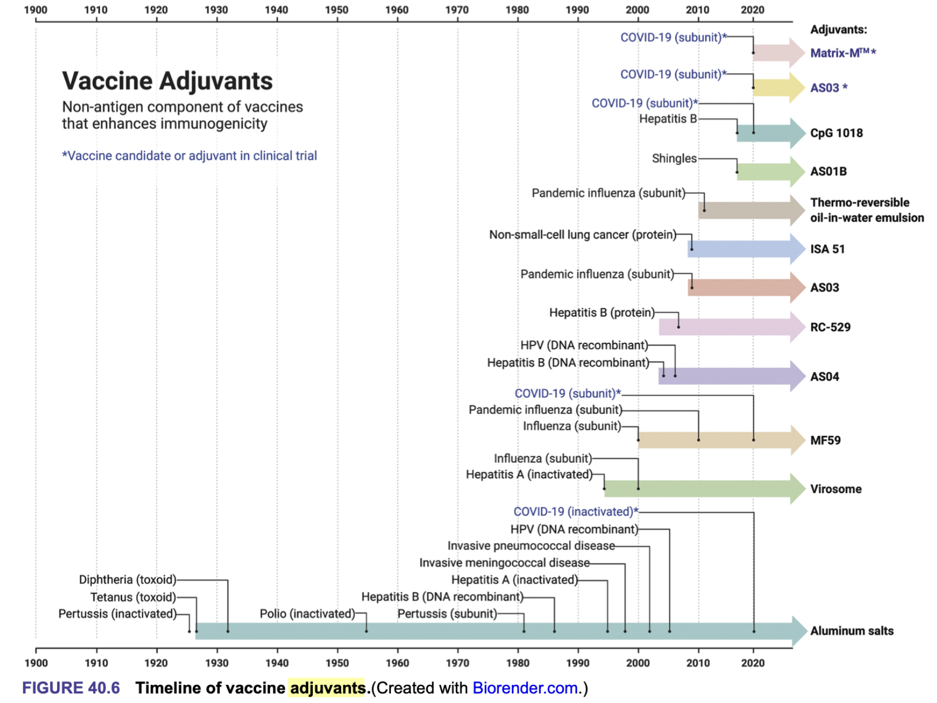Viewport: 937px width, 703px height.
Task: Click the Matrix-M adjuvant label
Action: pyautogui.click(x=842, y=53)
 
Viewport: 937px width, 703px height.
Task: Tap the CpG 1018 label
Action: pyautogui.click(x=836, y=133)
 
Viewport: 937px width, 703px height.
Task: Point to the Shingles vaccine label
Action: pyautogui.click(x=674, y=158)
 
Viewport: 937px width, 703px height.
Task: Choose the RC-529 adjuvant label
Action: pyautogui.click(x=830, y=327)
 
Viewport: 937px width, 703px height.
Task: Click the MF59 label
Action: pyautogui.click(x=825, y=440)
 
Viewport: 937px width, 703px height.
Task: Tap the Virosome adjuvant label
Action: pyautogui.click(x=835, y=489)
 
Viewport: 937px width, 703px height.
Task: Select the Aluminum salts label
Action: pyautogui.click(x=851, y=631)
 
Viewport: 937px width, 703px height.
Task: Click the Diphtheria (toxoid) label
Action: pyautogui.click(x=127, y=580)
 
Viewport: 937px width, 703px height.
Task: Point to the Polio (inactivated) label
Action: pyautogui.click(x=307, y=614)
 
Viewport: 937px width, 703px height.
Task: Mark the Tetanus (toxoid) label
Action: pyautogui.click(x=133, y=597)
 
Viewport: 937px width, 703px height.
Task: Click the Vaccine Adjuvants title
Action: pyautogui.click(x=167, y=81)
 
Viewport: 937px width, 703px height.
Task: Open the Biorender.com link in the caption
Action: pyautogui.click(x=525, y=688)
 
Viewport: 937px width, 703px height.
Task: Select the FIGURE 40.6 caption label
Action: pyautogui.click(x=71, y=688)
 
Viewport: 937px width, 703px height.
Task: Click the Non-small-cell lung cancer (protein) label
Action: pyautogui.click(x=582, y=235)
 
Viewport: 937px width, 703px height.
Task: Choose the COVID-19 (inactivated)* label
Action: pyautogui.click(x=575, y=512)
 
